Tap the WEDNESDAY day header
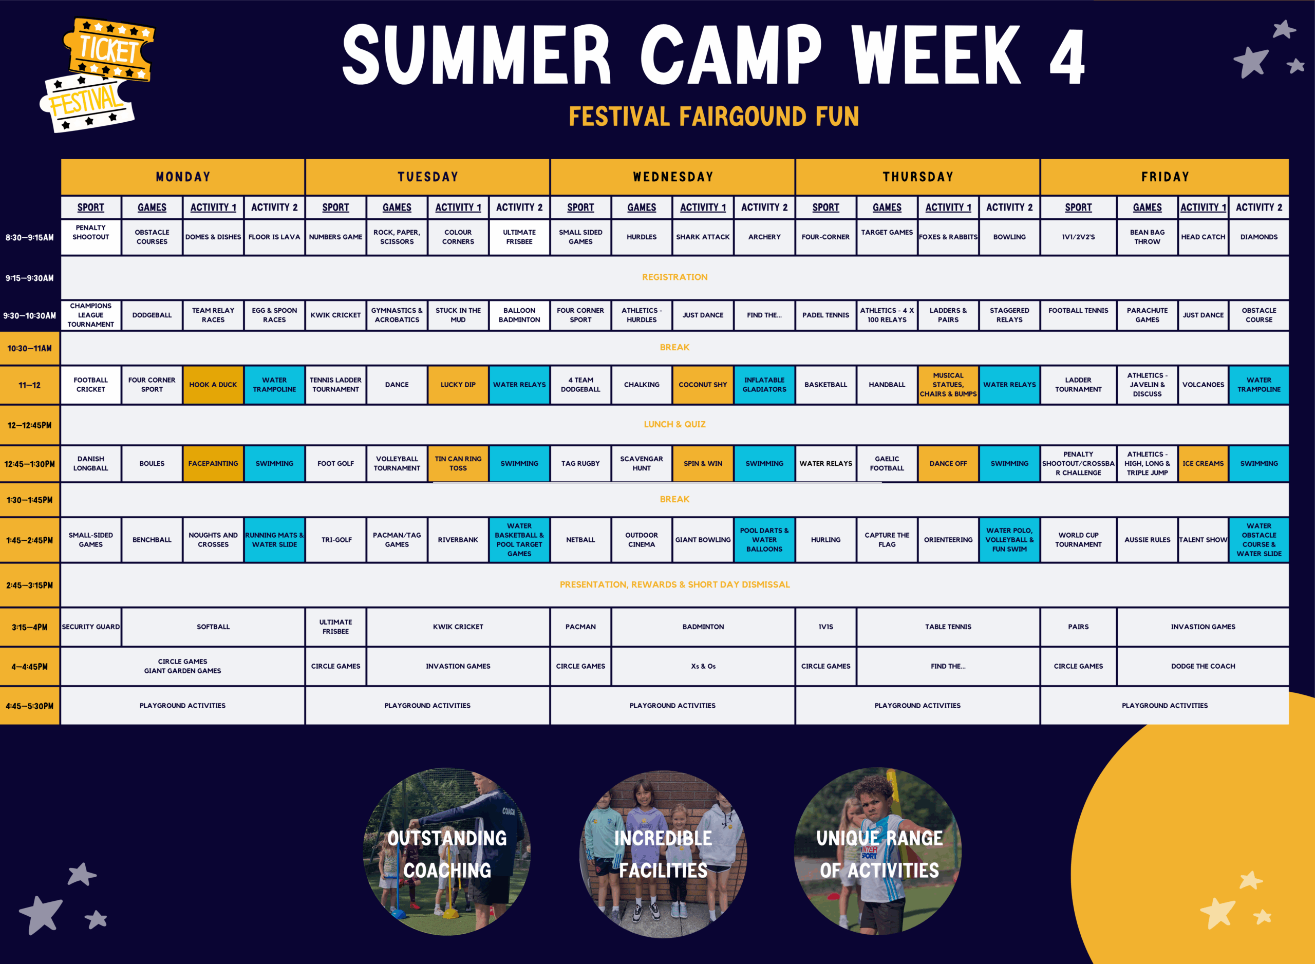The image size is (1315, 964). coord(672,177)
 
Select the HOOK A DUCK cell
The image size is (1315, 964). coord(213,385)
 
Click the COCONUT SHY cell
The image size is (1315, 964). coord(703,385)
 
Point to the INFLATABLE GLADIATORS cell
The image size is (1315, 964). coord(764,385)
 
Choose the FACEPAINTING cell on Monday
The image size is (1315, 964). coord(213,463)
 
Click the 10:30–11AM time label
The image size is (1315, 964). coord(30,348)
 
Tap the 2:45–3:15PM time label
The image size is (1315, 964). coord(30,584)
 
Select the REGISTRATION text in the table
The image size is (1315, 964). coord(675,277)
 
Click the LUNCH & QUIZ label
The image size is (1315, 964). coord(675,424)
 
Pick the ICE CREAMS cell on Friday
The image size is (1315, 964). coord(1203,463)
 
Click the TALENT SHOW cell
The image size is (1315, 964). coord(1203,540)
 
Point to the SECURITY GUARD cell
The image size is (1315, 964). coord(90,627)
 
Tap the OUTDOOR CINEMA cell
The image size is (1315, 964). coord(642,540)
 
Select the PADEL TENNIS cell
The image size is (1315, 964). coord(825,315)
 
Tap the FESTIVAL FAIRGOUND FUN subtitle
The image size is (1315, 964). coord(714,116)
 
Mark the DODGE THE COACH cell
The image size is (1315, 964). coord(1203,666)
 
